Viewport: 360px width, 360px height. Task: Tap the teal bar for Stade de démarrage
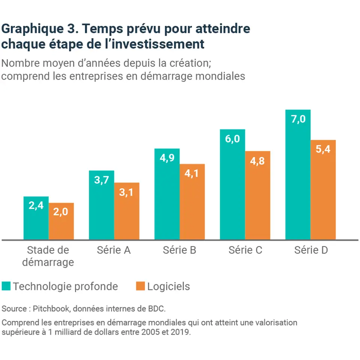tap(36, 221)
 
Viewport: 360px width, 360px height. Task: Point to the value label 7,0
tap(298, 120)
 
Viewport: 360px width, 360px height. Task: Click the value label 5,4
tap(323, 150)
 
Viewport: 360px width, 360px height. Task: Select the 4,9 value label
tap(167, 158)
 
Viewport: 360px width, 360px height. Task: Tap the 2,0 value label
tap(61, 212)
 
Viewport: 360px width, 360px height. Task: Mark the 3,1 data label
tap(127, 192)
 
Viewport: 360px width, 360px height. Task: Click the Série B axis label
tap(179, 250)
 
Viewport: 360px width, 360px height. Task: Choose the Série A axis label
tap(114, 250)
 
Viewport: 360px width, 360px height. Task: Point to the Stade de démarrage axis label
tap(48, 256)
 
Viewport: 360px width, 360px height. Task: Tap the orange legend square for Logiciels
tap(140, 286)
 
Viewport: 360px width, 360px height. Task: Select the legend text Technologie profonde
tap(65, 286)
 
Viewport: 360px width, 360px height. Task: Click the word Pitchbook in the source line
tap(52, 309)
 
